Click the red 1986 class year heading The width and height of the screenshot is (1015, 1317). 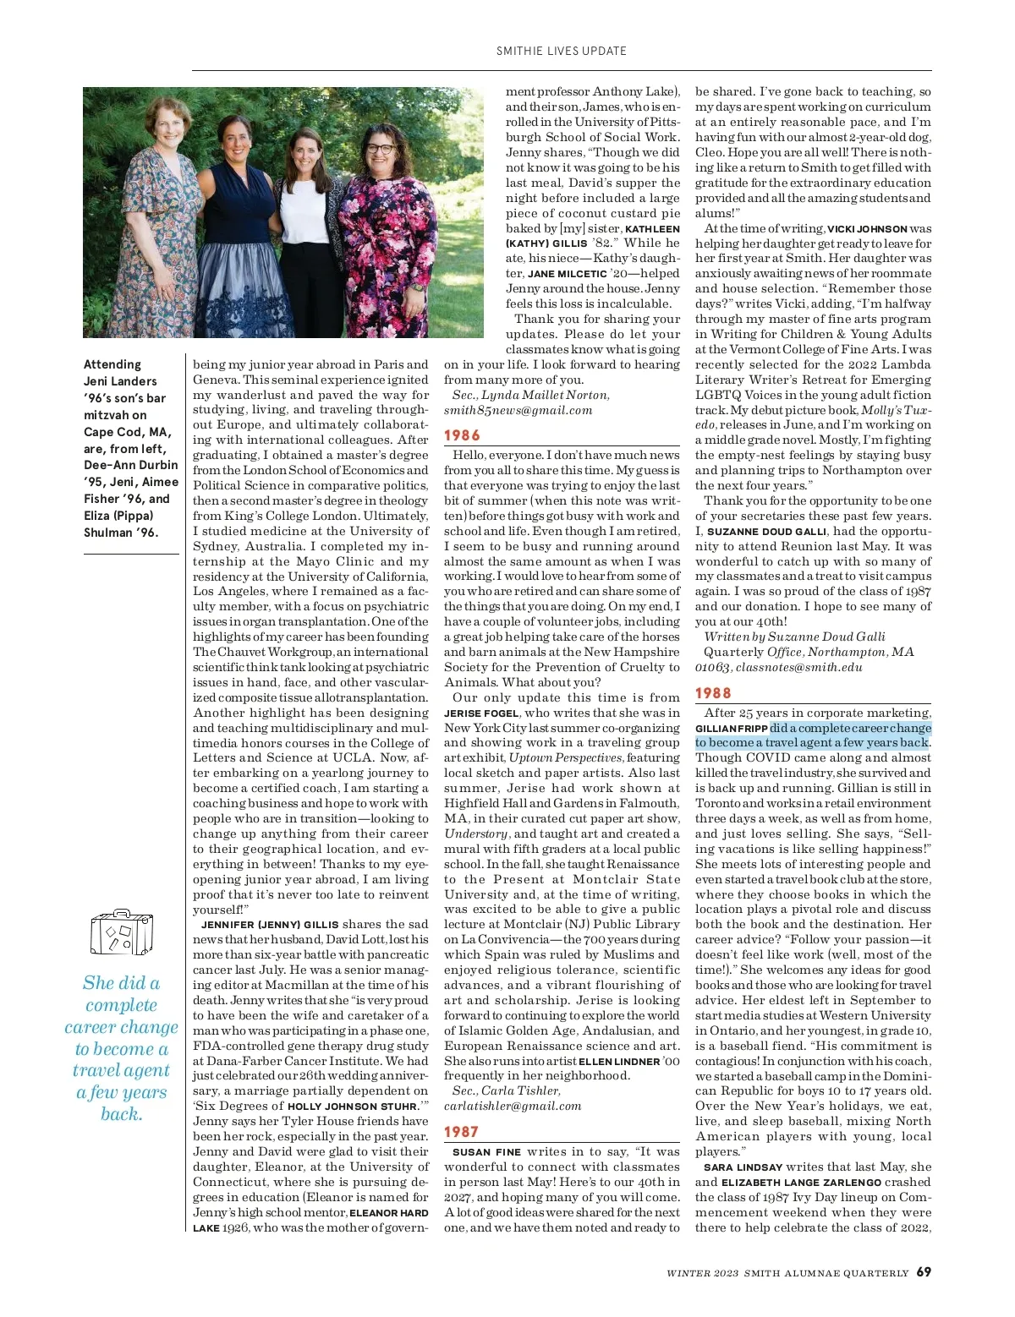[x=462, y=435]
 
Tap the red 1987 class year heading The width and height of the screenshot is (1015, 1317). [x=461, y=1132]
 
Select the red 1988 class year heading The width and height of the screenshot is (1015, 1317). [x=713, y=693]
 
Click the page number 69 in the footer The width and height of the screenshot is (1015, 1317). [x=924, y=1271]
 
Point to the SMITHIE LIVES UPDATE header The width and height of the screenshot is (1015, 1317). [x=562, y=51]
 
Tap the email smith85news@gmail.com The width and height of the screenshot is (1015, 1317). [x=518, y=410]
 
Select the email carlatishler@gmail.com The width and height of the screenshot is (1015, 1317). [x=513, y=1106]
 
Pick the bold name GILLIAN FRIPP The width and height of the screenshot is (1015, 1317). [x=732, y=729]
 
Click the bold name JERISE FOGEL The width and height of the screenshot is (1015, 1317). [x=481, y=713]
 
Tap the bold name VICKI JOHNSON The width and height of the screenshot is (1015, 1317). [x=867, y=229]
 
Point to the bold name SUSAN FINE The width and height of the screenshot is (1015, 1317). [x=486, y=1152]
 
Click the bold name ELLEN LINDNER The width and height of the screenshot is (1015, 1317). [x=619, y=1062]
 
